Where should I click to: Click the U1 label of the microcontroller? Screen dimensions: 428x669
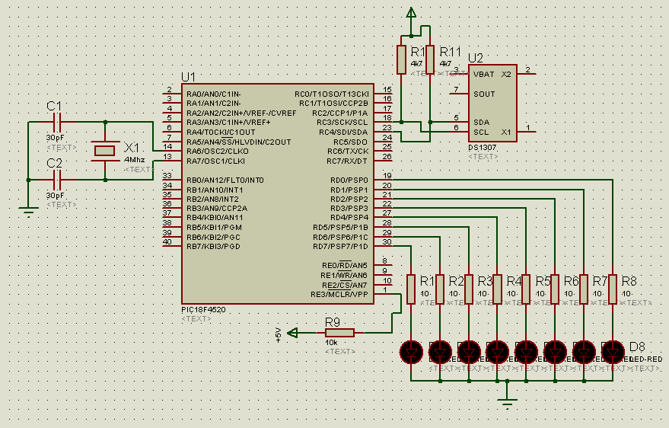[188, 77]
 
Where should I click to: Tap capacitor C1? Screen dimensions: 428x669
[58, 122]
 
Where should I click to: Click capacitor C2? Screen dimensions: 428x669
[58, 180]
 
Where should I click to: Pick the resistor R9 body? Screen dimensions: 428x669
[339, 332]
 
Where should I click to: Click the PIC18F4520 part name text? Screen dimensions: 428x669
[203, 310]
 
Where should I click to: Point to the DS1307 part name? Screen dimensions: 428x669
[483, 147]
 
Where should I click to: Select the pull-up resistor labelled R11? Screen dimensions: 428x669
[431, 59]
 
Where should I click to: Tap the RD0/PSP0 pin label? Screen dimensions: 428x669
[349, 180]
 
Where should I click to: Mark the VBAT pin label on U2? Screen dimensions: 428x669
[483, 75]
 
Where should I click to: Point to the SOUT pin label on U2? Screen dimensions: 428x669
[484, 94]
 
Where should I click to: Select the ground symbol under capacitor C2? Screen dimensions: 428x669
[28, 212]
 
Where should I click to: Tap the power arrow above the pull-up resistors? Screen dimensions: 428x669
[412, 13]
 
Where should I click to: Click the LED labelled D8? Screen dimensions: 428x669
[613, 351]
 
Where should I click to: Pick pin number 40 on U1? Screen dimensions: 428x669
[167, 242]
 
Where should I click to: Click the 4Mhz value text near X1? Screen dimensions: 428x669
[134, 160]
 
